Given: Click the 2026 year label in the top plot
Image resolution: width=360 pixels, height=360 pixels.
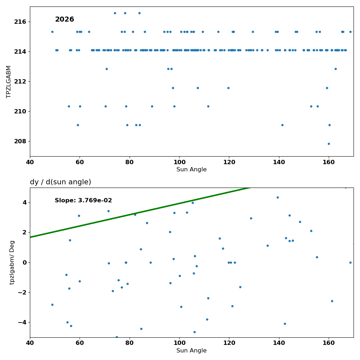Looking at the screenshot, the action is [x=64, y=19].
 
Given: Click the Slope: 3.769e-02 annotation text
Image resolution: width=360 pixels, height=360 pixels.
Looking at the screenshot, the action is [x=84, y=201].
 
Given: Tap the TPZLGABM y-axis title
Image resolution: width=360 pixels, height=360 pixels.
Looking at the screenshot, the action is [x=9, y=82].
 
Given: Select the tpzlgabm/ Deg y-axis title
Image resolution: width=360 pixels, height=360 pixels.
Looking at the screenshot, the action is [x=12, y=262].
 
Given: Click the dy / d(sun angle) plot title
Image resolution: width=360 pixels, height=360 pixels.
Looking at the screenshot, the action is [x=60, y=182].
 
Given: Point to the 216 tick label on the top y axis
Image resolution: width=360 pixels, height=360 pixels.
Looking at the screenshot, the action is [x=20, y=22].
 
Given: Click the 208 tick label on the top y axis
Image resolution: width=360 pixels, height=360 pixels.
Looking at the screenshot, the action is [x=20, y=141].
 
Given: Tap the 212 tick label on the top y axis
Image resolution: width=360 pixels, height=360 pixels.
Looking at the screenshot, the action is [x=20, y=82].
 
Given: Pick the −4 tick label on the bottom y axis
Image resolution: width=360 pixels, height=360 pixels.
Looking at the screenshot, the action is [x=22, y=322].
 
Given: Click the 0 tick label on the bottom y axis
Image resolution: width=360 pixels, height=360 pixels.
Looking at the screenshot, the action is [x=24, y=263].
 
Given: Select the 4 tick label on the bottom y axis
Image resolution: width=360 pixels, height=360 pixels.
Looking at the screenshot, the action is [x=24, y=202].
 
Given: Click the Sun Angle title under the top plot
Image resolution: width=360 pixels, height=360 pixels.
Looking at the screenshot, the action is [x=192, y=170].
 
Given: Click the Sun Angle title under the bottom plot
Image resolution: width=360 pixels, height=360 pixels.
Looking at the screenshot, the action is [x=192, y=350].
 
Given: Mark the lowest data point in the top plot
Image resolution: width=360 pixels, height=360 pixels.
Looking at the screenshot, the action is [x=329, y=144].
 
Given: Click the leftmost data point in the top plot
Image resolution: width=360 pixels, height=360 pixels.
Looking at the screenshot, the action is [x=52, y=32].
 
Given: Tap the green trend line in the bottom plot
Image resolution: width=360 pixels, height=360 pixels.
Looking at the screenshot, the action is [x=140, y=212].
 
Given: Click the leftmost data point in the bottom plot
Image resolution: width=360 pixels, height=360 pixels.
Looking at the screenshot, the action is [x=52, y=305].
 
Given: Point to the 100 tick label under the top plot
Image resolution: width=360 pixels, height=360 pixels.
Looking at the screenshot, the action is [x=179, y=162].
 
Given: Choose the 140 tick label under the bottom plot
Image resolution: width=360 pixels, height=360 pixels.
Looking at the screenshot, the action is [x=279, y=343].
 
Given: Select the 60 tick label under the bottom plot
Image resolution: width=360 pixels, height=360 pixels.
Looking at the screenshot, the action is [x=80, y=343].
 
